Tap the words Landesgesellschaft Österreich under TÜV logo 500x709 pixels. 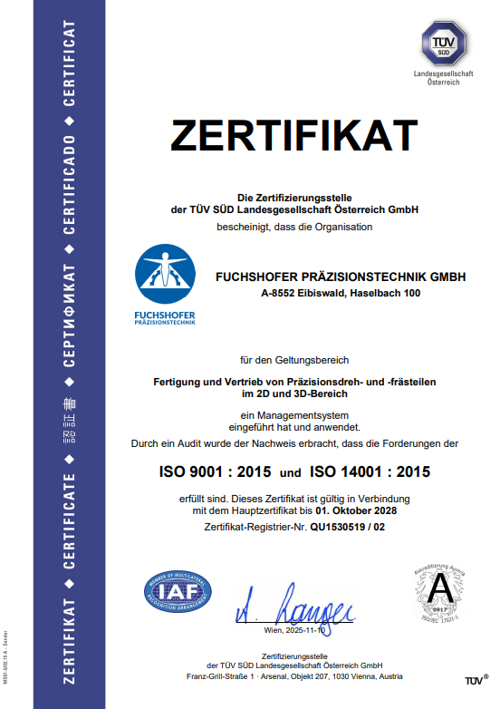pos(442,76)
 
